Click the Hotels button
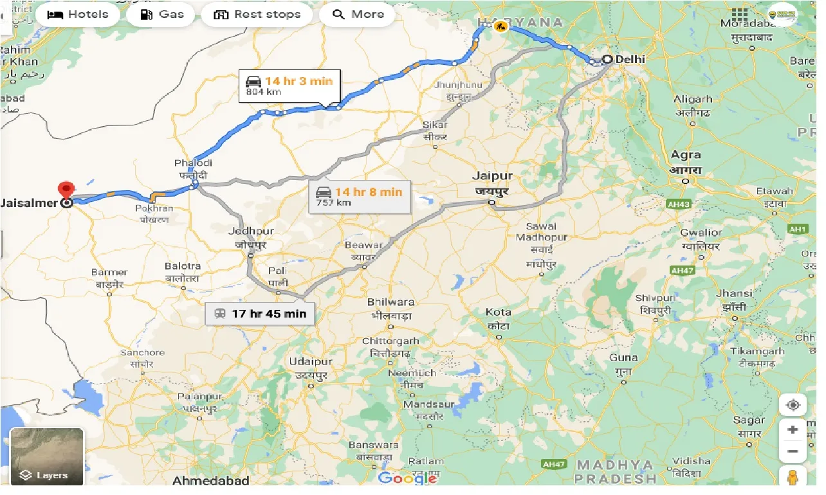click(x=78, y=14)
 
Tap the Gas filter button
click(x=161, y=14)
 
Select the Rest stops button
click(x=257, y=14)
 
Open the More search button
click(x=357, y=14)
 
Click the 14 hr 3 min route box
click(x=289, y=85)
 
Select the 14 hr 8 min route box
click(x=359, y=197)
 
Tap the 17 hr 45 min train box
click(x=260, y=314)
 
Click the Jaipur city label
click(x=492, y=175)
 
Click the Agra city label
click(x=686, y=155)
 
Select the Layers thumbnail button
click(x=46, y=456)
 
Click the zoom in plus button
click(x=793, y=430)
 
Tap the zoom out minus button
click(x=793, y=452)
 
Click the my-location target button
click(x=793, y=405)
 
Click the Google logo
click(x=407, y=478)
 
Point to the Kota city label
click(x=498, y=312)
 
